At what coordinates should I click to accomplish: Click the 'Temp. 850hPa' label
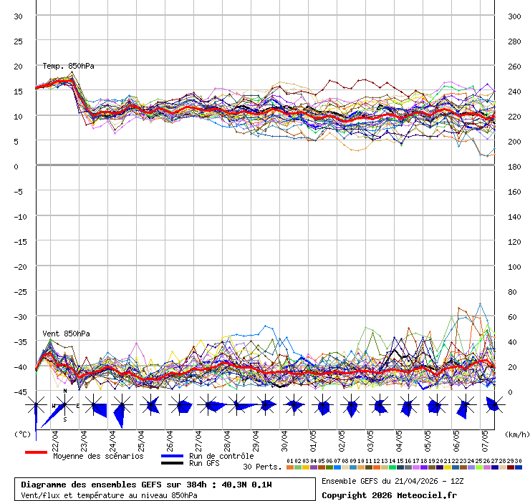(x=68, y=66)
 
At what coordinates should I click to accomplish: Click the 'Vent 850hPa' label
(x=66, y=334)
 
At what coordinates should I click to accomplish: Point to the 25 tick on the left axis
(x=18, y=41)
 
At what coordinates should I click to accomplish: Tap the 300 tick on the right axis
(x=514, y=16)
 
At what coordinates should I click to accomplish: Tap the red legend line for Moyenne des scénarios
(x=35, y=452)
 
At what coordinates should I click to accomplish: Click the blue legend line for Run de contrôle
(x=172, y=456)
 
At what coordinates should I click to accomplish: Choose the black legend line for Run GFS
(x=172, y=463)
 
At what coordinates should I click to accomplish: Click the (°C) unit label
(x=22, y=434)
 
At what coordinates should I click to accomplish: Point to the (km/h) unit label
(x=516, y=434)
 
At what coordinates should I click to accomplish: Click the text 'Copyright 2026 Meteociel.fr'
(x=388, y=495)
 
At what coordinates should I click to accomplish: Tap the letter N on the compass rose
(x=65, y=391)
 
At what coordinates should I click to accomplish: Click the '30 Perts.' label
(x=262, y=467)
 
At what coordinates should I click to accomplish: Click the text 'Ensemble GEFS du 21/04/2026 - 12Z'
(x=393, y=480)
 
